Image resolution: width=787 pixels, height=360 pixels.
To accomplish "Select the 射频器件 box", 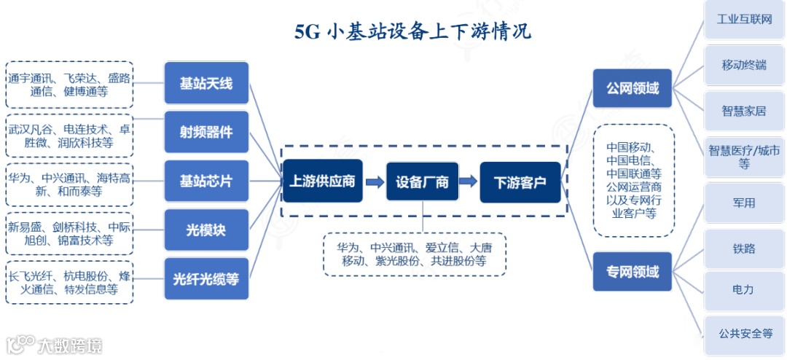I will click(x=206, y=132).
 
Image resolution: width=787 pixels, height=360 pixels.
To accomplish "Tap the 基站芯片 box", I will click(x=206, y=181).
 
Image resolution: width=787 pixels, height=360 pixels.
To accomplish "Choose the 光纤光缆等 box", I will click(x=206, y=278).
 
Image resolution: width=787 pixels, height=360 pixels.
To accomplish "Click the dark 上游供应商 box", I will click(x=322, y=181).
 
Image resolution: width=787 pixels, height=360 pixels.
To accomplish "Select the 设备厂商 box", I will click(x=423, y=181).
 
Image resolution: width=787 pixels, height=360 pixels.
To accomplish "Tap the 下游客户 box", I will click(x=520, y=181).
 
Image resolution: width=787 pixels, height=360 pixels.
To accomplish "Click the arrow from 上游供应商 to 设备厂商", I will click(x=374, y=181).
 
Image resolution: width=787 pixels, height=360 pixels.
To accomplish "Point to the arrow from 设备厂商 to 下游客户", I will click(x=470, y=181).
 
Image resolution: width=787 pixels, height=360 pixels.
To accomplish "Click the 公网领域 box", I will click(x=633, y=89).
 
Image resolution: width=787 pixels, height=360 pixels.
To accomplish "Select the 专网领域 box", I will click(x=633, y=272).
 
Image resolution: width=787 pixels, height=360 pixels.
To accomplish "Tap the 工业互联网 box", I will click(x=744, y=19).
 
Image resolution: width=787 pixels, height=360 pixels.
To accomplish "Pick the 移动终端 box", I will click(x=744, y=65).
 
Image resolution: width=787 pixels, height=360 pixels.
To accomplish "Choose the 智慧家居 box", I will click(x=744, y=111).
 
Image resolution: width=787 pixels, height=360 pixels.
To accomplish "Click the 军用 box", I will click(x=744, y=203).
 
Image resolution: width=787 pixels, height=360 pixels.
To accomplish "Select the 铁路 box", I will click(x=744, y=249).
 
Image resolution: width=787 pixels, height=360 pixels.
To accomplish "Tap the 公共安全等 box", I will click(x=744, y=333).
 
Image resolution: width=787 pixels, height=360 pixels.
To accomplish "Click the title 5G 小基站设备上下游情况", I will click(x=413, y=32).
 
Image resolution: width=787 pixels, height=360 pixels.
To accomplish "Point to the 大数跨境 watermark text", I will click(x=70, y=345).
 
